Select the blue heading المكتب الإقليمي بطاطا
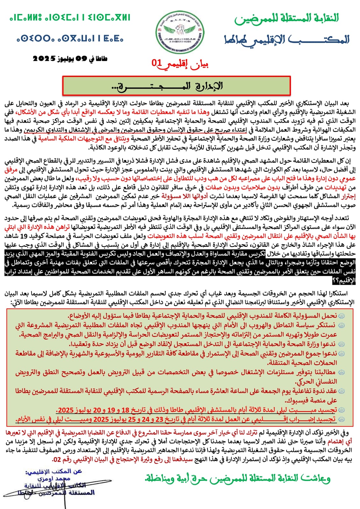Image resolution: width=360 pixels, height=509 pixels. tap(286, 40)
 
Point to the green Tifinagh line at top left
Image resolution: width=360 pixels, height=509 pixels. tap(70, 17)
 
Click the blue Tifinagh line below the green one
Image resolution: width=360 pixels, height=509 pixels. tap(70, 39)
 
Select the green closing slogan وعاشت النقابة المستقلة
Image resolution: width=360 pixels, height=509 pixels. tap(237, 478)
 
